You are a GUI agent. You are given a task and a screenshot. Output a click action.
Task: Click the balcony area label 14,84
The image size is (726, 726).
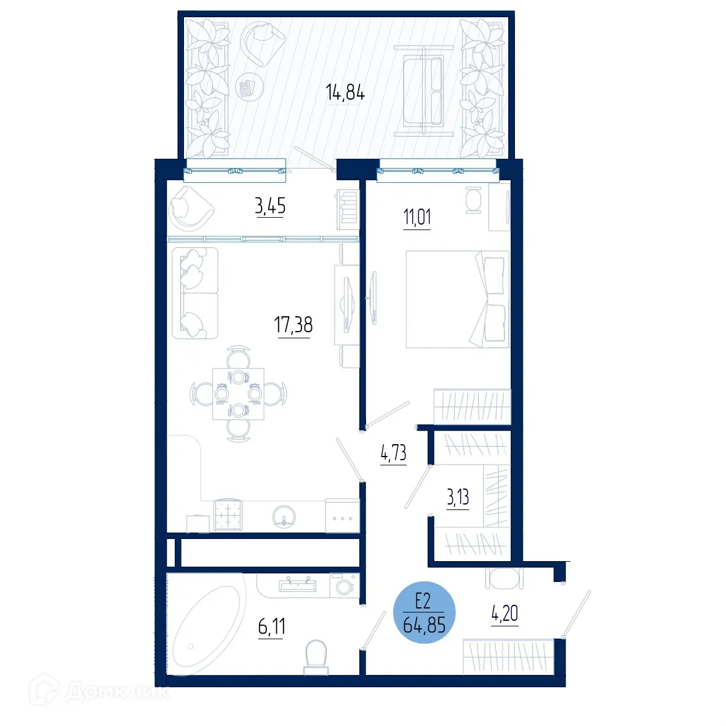[x=345, y=93]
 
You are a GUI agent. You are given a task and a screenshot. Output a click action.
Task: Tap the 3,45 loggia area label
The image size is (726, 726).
[x=270, y=206]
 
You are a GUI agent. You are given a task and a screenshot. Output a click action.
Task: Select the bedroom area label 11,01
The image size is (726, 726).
[x=417, y=217]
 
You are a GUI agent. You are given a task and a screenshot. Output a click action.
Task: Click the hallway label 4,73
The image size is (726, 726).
[x=394, y=453]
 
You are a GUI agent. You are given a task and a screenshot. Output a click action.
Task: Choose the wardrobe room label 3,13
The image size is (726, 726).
[x=458, y=498]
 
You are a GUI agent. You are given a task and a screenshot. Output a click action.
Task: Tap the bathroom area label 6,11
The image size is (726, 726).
[x=271, y=627]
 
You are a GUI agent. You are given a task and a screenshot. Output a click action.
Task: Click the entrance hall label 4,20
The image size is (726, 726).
[x=505, y=613]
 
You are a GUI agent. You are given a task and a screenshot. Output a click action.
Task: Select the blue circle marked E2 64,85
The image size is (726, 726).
[x=424, y=613]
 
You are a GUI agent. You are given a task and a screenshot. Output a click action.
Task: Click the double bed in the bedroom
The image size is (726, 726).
[x=457, y=299]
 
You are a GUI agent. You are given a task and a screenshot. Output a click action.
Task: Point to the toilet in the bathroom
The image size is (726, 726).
[x=316, y=656]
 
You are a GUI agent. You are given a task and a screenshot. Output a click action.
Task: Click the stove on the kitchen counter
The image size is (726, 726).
[x=228, y=514]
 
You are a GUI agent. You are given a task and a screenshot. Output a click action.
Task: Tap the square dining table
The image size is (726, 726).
[x=238, y=394]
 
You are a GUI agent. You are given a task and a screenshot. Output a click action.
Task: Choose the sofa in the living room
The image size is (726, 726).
[x=195, y=293]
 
